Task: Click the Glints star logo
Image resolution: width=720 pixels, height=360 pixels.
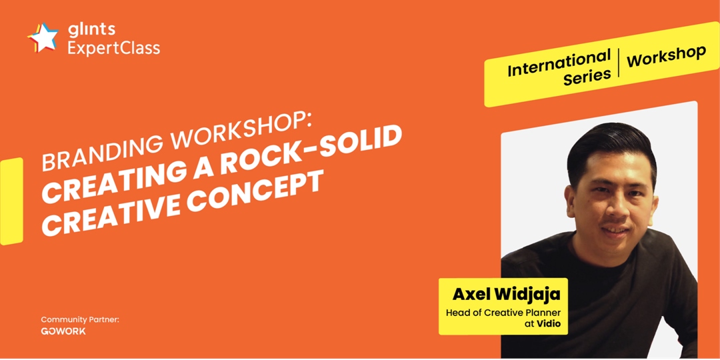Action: pyautogui.click(x=43, y=37)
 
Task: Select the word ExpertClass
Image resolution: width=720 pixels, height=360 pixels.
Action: pyautogui.click(x=114, y=48)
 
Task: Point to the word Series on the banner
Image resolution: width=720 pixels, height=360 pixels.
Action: pyautogui.click(x=587, y=77)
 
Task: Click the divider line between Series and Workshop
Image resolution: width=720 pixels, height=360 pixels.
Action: pyautogui.click(x=619, y=63)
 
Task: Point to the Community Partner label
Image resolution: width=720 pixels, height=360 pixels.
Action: pyautogui.click(x=81, y=319)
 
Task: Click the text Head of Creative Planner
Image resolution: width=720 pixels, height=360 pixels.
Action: pyautogui.click(x=504, y=313)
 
